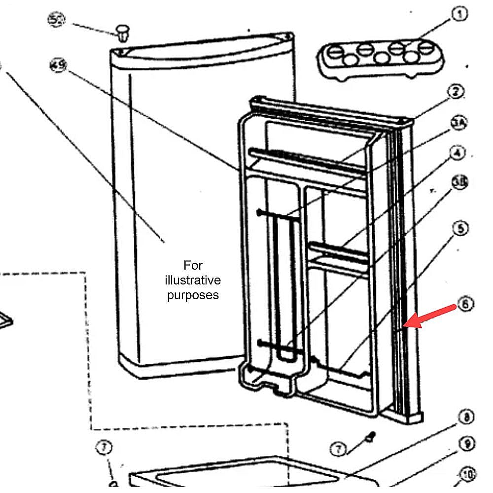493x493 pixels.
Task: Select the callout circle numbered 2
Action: tap(457, 92)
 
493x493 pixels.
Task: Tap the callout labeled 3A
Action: tap(458, 123)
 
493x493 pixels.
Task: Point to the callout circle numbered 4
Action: tap(458, 153)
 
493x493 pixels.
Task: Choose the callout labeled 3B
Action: tap(459, 183)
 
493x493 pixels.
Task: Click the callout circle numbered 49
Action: tap(58, 65)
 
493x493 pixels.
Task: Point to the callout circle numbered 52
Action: tap(56, 20)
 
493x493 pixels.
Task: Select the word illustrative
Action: tap(193, 281)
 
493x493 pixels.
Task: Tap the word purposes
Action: tap(193, 296)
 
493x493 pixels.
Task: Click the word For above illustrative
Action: tap(193, 265)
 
